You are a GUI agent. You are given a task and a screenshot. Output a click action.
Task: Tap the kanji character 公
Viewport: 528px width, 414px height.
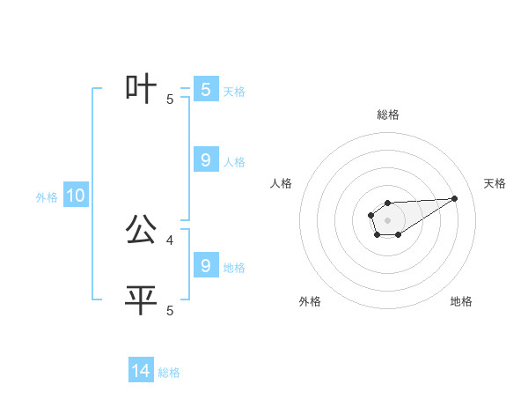point(142,231)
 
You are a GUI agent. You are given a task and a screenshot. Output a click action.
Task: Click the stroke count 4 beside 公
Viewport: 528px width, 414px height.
point(170,240)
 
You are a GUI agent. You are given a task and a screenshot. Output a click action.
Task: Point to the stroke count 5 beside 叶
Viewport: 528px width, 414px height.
point(170,100)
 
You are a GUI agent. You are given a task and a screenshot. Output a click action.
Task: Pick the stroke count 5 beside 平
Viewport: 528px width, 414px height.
point(170,310)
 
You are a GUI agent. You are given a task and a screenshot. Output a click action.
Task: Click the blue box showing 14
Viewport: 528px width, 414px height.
point(141,371)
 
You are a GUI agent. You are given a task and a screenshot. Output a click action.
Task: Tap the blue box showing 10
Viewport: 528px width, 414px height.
point(76,196)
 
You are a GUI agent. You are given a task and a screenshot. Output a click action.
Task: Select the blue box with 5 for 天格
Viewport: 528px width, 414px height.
point(205,90)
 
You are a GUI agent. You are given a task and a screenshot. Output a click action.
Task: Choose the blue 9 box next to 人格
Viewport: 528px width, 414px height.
point(205,160)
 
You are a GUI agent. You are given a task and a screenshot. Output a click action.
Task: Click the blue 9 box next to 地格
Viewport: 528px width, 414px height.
point(205,266)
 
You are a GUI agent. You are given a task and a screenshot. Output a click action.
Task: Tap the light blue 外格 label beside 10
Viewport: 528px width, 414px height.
point(47,197)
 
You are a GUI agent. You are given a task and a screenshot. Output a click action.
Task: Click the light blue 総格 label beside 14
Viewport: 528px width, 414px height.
point(169,373)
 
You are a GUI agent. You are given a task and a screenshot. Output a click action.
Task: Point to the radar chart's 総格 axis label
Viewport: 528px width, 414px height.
point(388,115)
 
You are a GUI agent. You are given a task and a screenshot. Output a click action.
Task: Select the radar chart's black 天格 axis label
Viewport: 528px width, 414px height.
point(495,183)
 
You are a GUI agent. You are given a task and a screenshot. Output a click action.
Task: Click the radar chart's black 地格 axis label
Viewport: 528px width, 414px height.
point(461,302)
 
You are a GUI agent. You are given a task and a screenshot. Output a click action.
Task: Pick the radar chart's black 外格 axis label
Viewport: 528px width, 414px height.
point(310,302)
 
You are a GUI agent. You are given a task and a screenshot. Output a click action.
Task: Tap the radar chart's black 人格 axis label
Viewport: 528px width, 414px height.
point(282,183)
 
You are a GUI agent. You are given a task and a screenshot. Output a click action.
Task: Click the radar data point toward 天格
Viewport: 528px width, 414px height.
point(455,198)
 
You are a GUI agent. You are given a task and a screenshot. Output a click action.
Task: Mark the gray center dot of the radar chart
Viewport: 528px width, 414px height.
point(387,219)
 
